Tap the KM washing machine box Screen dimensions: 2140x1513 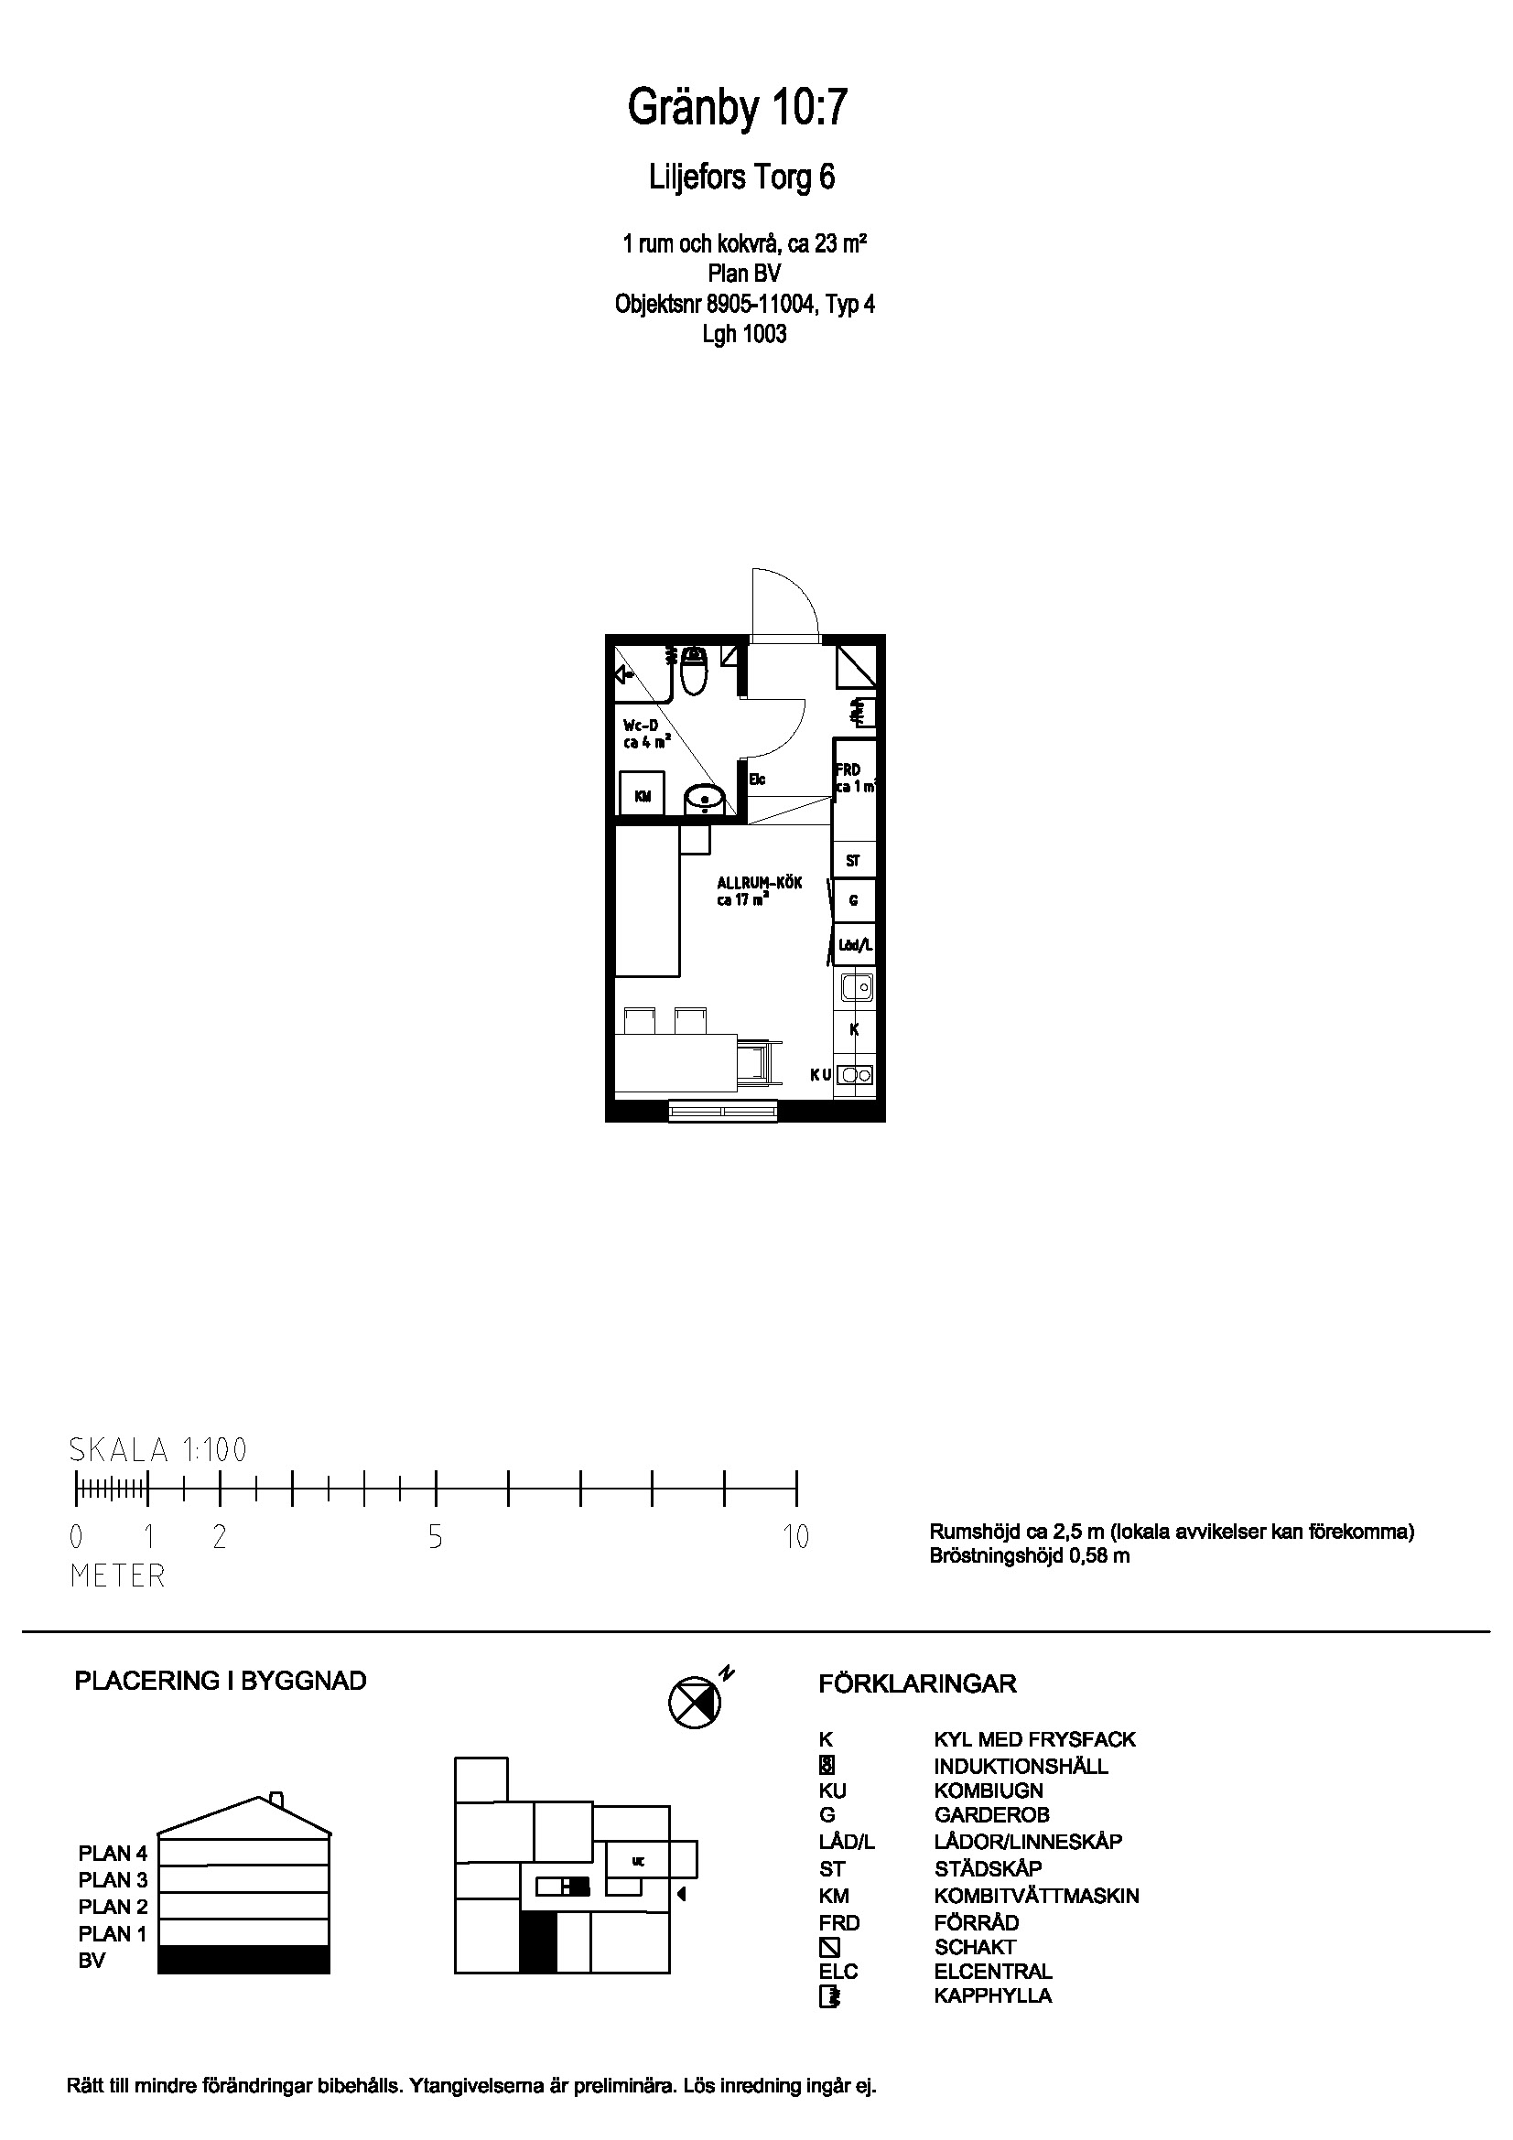click(x=643, y=795)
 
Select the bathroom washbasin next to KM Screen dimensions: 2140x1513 click(x=705, y=798)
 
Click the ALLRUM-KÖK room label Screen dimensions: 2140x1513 click(x=759, y=883)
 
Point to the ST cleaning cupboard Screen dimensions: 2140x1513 click(x=853, y=861)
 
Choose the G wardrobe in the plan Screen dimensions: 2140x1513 click(x=853, y=901)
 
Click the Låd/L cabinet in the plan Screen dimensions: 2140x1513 click(x=854, y=945)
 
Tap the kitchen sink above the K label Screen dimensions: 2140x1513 click(x=855, y=984)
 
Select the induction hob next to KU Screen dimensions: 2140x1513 click(x=855, y=1075)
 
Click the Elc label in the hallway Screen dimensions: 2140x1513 click(x=757, y=780)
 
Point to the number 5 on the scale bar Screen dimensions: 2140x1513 click(x=436, y=1537)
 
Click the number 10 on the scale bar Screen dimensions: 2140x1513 click(x=795, y=1537)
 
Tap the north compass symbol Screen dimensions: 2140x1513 click(x=696, y=1701)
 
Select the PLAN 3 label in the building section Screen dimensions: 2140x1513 click(x=113, y=1879)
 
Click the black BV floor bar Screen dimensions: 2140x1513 click(x=243, y=1959)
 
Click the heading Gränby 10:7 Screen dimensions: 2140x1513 click(x=738, y=108)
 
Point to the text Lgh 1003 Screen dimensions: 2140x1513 click(x=744, y=334)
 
